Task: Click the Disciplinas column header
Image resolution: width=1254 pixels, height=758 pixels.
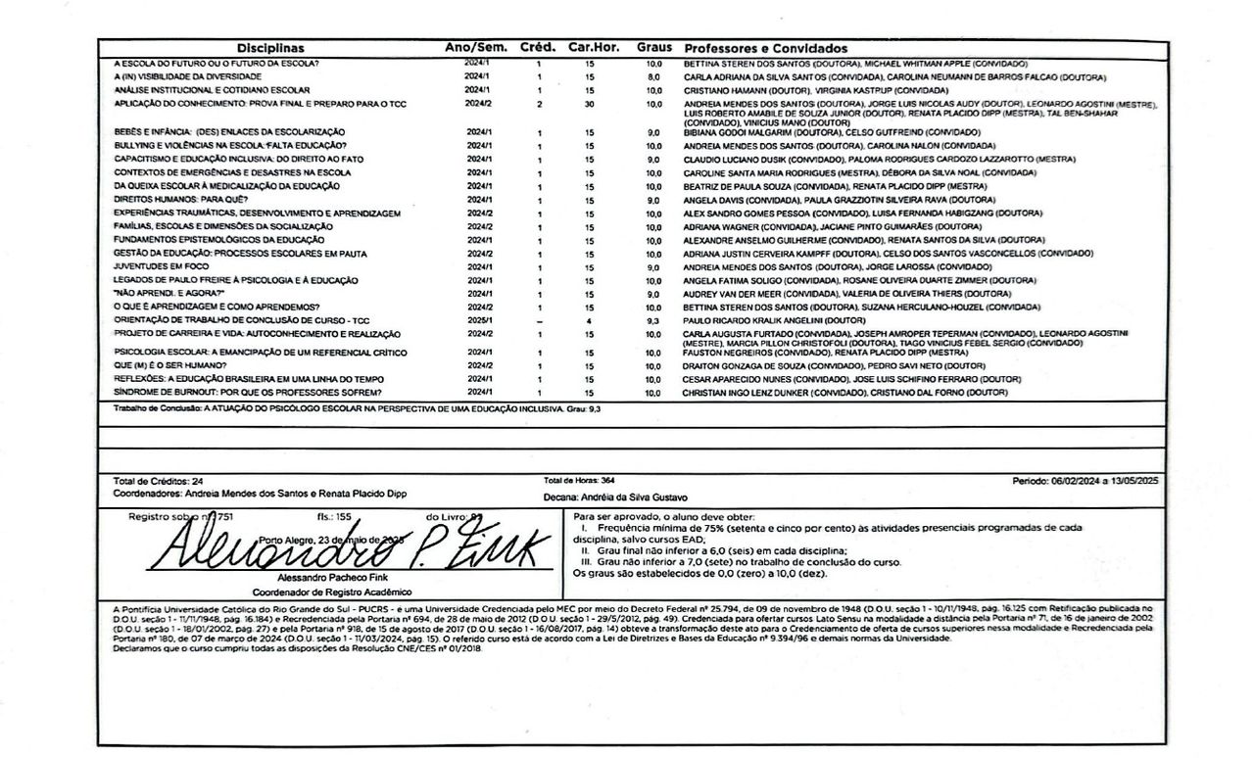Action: pos(271,48)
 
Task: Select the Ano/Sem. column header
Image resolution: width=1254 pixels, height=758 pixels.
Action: pos(474,48)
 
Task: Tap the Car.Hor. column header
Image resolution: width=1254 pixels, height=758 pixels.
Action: pos(591,48)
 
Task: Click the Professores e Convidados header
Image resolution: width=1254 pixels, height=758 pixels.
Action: pos(765,49)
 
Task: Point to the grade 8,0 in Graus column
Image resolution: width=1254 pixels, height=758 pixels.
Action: pos(653,76)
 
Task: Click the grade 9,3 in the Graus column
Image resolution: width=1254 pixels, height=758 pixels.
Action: pos(653,320)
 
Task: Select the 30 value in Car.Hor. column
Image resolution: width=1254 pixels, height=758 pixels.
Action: pos(589,103)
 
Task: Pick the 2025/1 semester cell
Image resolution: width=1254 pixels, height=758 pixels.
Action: pos(477,320)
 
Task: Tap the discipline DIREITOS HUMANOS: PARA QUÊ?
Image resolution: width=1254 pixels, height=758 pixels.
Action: pos(175,199)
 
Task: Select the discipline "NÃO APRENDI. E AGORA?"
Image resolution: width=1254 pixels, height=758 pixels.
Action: pos(169,294)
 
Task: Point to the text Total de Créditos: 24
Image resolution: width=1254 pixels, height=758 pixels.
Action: pos(159,482)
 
